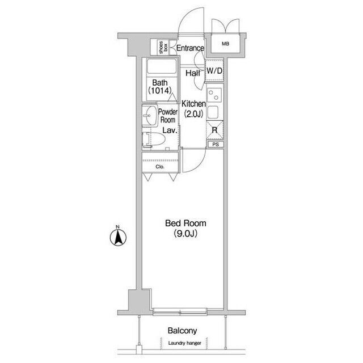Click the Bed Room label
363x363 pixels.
[185, 223]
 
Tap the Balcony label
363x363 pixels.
[183, 331]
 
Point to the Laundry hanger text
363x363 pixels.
[185, 343]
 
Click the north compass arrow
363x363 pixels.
[118, 238]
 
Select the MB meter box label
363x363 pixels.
[226, 43]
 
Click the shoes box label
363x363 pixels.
[163, 48]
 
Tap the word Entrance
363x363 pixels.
[191, 48]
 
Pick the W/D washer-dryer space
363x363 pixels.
[214, 70]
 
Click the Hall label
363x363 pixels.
[193, 73]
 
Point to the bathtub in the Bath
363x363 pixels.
[161, 66]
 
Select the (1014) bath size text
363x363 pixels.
[160, 90]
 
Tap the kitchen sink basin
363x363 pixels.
[213, 112]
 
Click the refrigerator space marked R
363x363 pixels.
[214, 130]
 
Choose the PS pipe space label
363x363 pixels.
[216, 145]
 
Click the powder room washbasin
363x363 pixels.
[150, 115]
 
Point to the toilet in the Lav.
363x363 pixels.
[153, 140]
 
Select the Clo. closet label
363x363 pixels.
[160, 167]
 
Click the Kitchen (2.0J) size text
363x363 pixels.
[193, 113]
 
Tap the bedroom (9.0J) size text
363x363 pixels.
[185, 234]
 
